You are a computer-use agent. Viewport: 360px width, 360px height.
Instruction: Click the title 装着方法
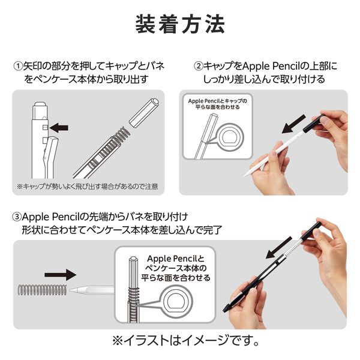click(x=181, y=25)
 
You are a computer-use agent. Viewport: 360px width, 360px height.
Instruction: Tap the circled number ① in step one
click(x=17, y=65)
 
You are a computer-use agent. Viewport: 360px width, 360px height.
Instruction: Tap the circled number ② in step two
click(x=197, y=65)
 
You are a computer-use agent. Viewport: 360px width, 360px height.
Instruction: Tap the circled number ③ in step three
click(x=17, y=215)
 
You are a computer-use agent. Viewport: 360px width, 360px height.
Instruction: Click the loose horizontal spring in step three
click(x=43, y=289)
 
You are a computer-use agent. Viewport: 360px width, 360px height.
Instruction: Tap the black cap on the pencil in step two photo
click(x=316, y=122)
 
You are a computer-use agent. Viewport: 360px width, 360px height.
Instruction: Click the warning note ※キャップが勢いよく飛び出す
click(x=88, y=187)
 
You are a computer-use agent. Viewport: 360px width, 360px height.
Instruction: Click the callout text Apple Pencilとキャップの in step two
click(x=218, y=101)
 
